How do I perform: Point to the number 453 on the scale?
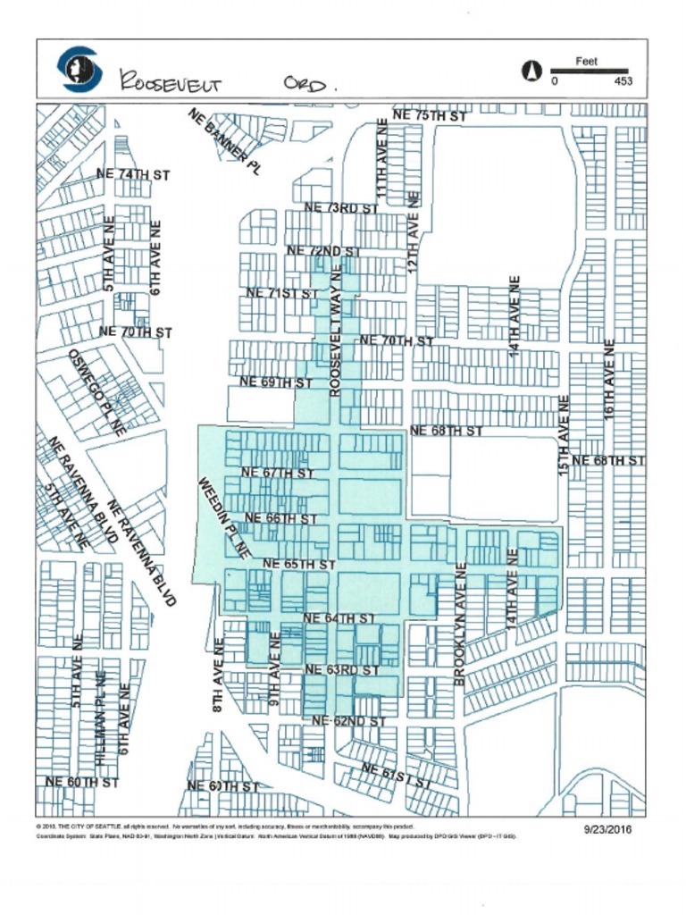pyautogui.click(x=623, y=81)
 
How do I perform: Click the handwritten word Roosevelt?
pyautogui.click(x=171, y=82)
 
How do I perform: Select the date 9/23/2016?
pyautogui.click(x=608, y=829)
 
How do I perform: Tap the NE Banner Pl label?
pyautogui.click(x=224, y=141)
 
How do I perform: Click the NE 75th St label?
pyautogui.click(x=430, y=116)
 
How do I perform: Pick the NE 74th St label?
pyautogui.click(x=133, y=175)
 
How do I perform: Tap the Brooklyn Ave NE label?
pyautogui.click(x=460, y=625)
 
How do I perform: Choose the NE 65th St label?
pyautogui.click(x=299, y=565)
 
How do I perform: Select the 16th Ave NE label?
pyautogui.click(x=609, y=380)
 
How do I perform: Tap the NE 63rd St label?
pyautogui.click(x=342, y=669)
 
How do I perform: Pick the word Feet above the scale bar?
pyautogui.click(x=587, y=62)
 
